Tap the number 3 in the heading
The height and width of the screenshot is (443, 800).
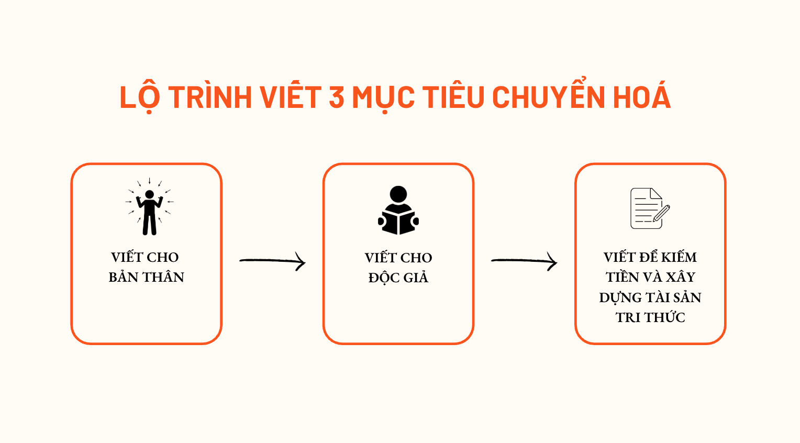point(337,97)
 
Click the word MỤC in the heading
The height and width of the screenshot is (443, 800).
point(383,97)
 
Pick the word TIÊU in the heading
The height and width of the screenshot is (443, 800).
point(453,97)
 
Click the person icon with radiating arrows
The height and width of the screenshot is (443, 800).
point(149,207)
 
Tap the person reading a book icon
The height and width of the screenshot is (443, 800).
point(398,211)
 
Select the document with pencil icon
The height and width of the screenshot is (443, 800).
point(649,208)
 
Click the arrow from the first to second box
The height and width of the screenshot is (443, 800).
point(272,261)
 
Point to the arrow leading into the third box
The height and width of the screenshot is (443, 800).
point(524,261)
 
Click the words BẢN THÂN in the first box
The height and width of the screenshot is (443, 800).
point(147,277)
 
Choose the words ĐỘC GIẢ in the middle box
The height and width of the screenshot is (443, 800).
point(398,278)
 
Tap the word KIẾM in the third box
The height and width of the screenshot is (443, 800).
point(679,257)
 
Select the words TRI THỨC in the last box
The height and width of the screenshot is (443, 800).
point(650,317)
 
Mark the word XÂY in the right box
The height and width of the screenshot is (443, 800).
point(680,277)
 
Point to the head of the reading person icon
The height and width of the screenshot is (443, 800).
point(398,194)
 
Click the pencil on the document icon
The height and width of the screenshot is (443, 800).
point(662,213)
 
